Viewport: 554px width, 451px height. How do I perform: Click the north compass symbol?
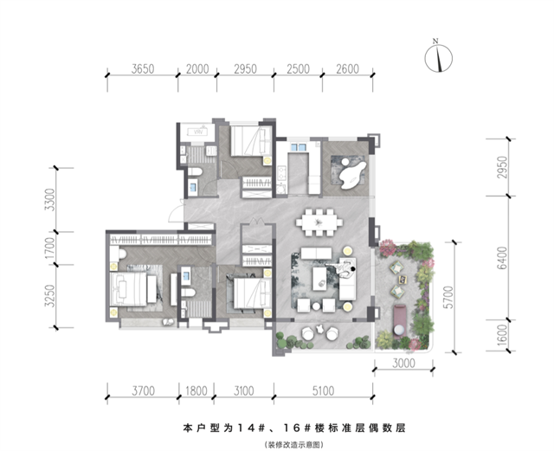pos(438,57)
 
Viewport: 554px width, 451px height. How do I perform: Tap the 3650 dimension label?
pos(143,68)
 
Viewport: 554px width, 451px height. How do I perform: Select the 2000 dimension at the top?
pos(197,68)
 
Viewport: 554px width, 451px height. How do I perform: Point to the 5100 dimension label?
pos(323,391)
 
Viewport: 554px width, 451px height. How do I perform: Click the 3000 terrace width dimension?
pos(403,364)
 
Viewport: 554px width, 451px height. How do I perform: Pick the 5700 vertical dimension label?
pos(448,297)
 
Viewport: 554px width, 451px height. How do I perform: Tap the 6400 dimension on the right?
pos(502,258)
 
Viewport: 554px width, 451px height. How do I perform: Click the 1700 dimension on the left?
pos(50,248)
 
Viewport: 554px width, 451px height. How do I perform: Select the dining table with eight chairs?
pos(319,222)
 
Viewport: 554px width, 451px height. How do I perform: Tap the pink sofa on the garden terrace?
pos(401,319)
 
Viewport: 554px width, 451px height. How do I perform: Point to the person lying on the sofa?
pos(341,268)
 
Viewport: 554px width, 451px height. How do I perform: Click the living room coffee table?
pos(319,279)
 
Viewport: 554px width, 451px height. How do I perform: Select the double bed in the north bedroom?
pos(252,141)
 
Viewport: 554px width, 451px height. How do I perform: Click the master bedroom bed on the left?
pos(128,289)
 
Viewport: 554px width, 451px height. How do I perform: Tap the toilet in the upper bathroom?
pos(195,172)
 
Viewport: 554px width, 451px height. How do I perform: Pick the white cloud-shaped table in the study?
pos(352,174)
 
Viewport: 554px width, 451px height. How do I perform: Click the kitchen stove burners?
pos(282,173)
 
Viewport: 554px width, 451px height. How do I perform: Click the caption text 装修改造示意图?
pos(293,444)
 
